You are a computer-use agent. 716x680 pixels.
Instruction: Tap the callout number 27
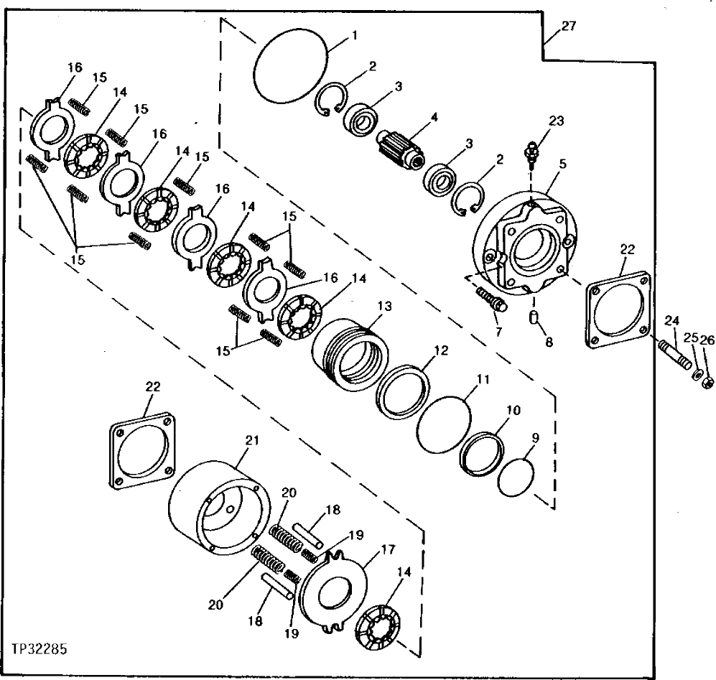click(568, 27)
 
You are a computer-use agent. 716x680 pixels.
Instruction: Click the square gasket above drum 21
click(142, 453)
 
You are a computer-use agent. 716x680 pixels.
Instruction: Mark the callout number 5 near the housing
click(562, 164)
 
